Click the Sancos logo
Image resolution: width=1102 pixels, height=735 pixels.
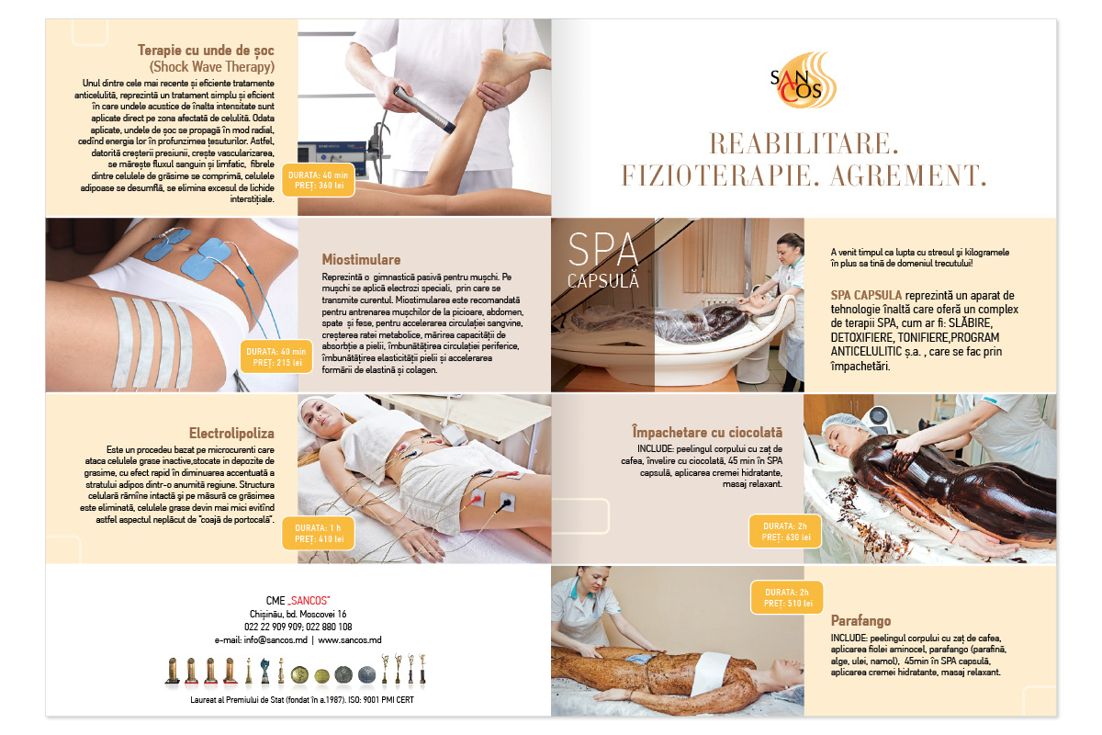pos(803,80)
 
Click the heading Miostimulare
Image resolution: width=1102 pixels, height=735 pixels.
pos(361,259)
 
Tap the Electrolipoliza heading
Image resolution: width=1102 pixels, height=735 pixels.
pos(231,434)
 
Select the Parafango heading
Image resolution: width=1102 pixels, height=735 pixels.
pos(861,620)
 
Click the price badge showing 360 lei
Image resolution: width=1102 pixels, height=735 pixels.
pos(319,180)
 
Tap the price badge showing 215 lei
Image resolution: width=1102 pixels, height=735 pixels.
pos(276,356)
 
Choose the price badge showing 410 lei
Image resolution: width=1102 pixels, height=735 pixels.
pos(319,533)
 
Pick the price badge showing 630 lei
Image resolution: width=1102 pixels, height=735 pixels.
pos(785,532)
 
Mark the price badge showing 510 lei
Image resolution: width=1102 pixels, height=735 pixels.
pos(787,598)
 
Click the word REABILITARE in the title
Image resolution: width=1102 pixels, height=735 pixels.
pos(804,143)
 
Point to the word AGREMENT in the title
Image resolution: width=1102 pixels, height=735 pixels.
pos(908,175)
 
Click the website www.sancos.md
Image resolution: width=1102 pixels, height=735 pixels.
pos(349,640)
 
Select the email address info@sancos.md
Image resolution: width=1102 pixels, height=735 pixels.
pos(275,640)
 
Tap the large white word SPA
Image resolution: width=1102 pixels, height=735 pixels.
pos(603,250)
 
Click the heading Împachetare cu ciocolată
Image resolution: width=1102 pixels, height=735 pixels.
pos(707,432)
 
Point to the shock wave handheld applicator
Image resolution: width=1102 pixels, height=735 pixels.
pos(424,110)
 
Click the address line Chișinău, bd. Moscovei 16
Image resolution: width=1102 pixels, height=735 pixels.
pos(298,614)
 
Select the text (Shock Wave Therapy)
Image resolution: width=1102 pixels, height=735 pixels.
pos(212,67)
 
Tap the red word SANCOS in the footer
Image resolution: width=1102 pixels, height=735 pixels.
pos(309,601)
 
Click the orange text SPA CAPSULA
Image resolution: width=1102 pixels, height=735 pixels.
pos(866,296)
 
